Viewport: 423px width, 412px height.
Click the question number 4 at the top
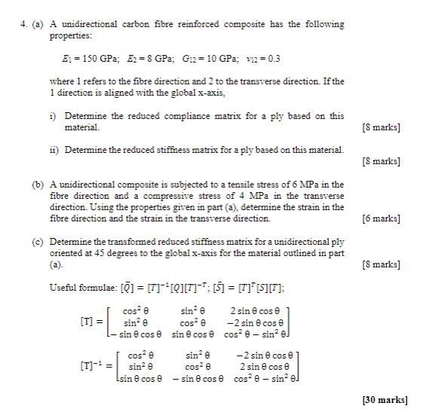click(24, 24)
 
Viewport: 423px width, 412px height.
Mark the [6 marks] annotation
click(381, 218)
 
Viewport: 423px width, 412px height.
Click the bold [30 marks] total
click(385, 398)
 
